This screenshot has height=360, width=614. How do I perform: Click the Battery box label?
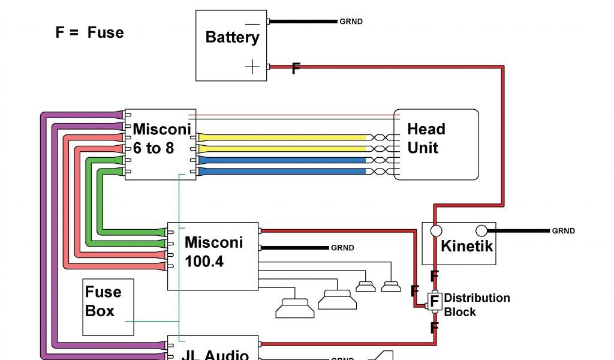tap(232, 37)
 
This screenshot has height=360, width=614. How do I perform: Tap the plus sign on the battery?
tap(253, 67)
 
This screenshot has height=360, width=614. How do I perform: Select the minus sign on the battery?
tap(253, 24)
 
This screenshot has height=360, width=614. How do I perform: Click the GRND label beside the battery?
tap(351, 22)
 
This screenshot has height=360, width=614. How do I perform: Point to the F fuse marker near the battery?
tap(296, 68)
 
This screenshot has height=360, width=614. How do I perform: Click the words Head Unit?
tap(426, 138)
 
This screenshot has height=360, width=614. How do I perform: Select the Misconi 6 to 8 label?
tap(161, 138)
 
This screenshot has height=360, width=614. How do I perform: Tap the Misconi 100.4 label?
tap(213, 251)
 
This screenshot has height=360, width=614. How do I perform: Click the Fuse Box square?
tap(108, 307)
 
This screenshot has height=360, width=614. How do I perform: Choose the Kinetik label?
tap(466, 245)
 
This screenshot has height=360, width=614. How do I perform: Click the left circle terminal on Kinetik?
tap(436, 230)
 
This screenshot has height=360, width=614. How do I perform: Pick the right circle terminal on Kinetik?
tap(481, 230)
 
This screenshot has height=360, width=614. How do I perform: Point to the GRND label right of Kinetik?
tap(563, 231)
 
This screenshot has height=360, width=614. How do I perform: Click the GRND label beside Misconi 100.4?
tap(342, 248)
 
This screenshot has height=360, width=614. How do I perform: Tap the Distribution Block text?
tap(476, 305)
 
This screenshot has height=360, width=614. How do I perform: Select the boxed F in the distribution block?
tap(434, 300)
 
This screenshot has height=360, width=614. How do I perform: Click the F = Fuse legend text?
tap(89, 32)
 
